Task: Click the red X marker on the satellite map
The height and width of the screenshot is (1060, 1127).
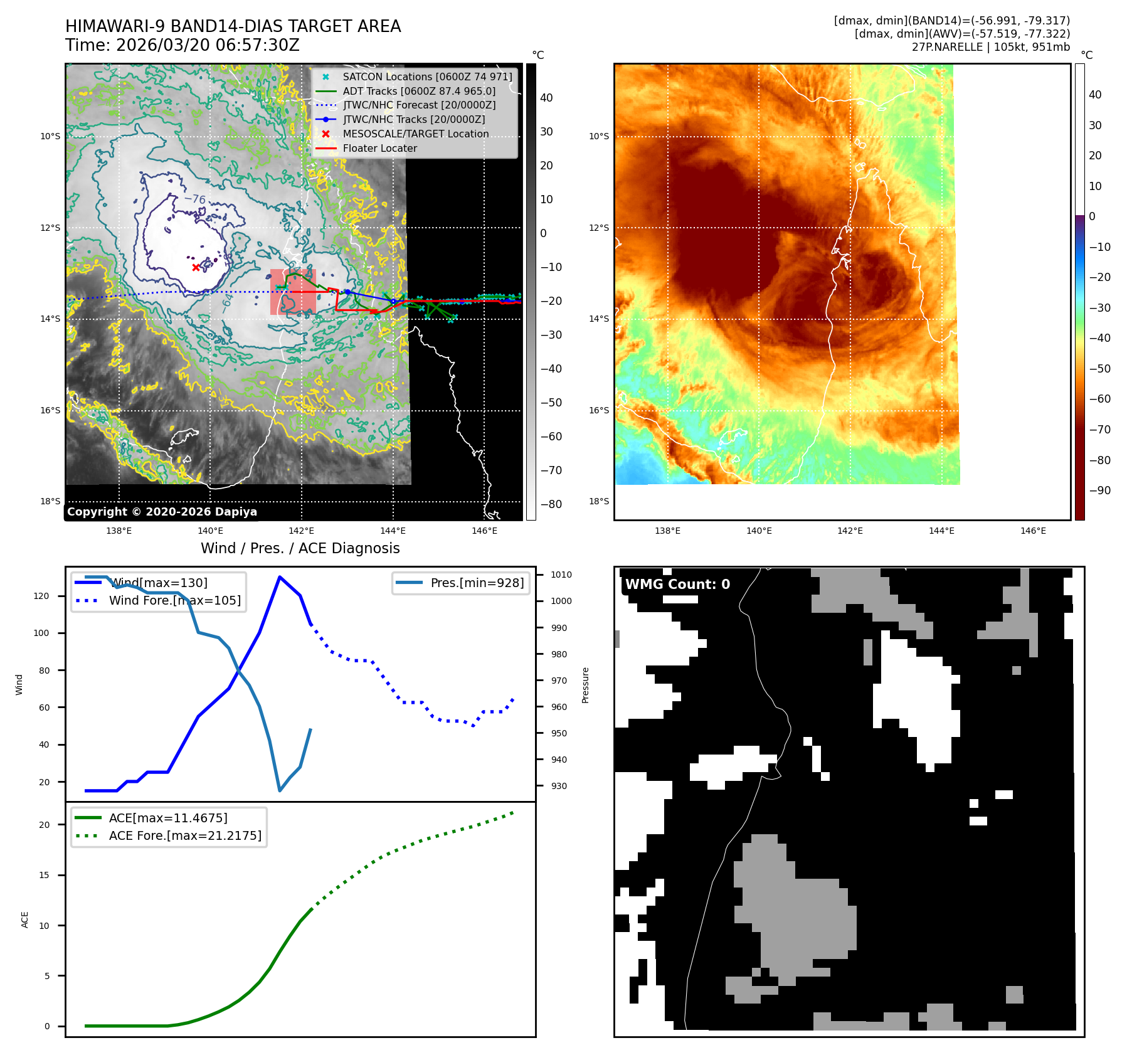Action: click(x=196, y=267)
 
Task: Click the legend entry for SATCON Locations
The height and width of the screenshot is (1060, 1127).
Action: click(x=427, y=77)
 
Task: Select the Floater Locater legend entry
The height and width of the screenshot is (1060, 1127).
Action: click(x=379, y=148)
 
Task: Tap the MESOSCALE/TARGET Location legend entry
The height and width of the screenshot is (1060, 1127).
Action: click(x=415, y=134)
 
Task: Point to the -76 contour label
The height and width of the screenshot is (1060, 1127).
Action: click(x=195, y=199)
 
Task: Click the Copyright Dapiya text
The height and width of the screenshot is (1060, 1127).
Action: click(x=162, y=512)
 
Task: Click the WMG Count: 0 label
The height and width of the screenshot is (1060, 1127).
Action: click(x=677, y=584)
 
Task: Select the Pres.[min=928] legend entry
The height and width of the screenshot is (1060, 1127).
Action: click(x=477, y=583)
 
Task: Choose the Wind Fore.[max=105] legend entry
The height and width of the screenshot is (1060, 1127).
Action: click(x=174, y=600)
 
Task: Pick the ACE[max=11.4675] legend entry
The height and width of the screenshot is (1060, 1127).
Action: click(x=168, y=818)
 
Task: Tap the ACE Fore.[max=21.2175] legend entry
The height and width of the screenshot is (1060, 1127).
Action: click(x=185, y=835)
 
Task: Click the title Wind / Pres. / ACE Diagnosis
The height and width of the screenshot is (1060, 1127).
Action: click(x=300, y=548)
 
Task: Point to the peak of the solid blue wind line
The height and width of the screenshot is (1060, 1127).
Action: click(x=280, y=577)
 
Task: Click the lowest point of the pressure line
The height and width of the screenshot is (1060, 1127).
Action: click(x=280, y=790)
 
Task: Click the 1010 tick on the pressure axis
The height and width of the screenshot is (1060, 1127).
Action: click(x=561, y=575)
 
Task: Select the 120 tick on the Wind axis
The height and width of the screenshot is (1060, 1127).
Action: click(x=41, y=596)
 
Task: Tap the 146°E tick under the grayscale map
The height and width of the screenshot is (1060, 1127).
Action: click(x=484, y=531)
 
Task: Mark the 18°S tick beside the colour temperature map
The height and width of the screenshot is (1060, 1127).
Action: click(x=598, y=501)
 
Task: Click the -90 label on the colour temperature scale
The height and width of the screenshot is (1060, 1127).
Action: click(x=1099, y=490)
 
